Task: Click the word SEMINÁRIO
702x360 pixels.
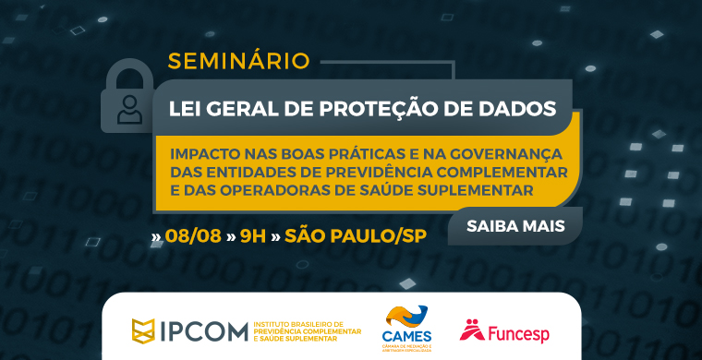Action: (238, 62)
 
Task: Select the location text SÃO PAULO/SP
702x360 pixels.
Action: (357, 235)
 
